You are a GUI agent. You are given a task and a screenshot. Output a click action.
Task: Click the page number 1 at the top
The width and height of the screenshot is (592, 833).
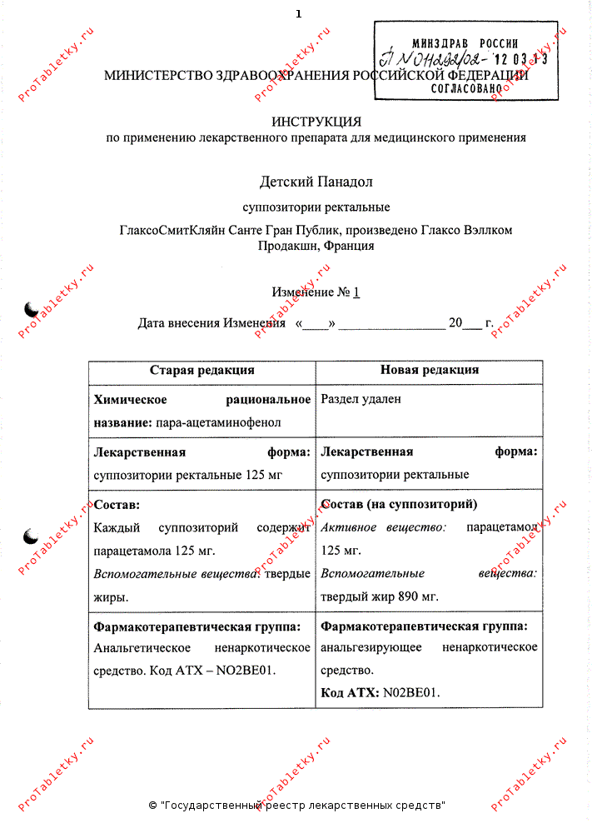[x=298, y=13]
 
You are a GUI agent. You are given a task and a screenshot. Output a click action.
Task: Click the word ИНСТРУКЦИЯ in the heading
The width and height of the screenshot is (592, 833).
[x=316, y=122]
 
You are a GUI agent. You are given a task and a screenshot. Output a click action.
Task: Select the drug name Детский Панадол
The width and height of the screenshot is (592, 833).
[x=316, y=181]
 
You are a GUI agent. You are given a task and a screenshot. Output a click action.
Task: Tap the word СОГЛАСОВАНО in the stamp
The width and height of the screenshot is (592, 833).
[x=467, y=86]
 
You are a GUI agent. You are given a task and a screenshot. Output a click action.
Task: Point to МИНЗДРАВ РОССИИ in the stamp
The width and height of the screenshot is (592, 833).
[x=465, y=43]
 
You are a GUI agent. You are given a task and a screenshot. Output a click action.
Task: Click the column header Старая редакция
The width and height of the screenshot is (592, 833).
[x=201, y=371]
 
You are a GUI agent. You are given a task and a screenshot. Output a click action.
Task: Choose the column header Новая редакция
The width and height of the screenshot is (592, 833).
[x=429, y=371]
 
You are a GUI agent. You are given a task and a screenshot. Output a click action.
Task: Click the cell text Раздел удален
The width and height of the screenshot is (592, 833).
[x=361, y=399]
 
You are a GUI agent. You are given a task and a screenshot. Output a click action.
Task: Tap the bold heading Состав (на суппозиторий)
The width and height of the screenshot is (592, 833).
[x=398, y=505]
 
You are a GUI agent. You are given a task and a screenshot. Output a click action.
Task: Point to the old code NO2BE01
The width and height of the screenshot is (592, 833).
[x=248, y=671]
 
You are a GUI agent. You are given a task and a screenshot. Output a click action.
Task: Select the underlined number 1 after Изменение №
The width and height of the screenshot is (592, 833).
[x=356, y=292]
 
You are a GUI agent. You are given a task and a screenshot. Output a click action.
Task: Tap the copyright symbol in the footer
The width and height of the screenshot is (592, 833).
[x=152, y=806]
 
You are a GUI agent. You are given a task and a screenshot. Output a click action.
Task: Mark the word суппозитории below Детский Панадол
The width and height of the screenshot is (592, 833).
[x=278, y=207]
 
